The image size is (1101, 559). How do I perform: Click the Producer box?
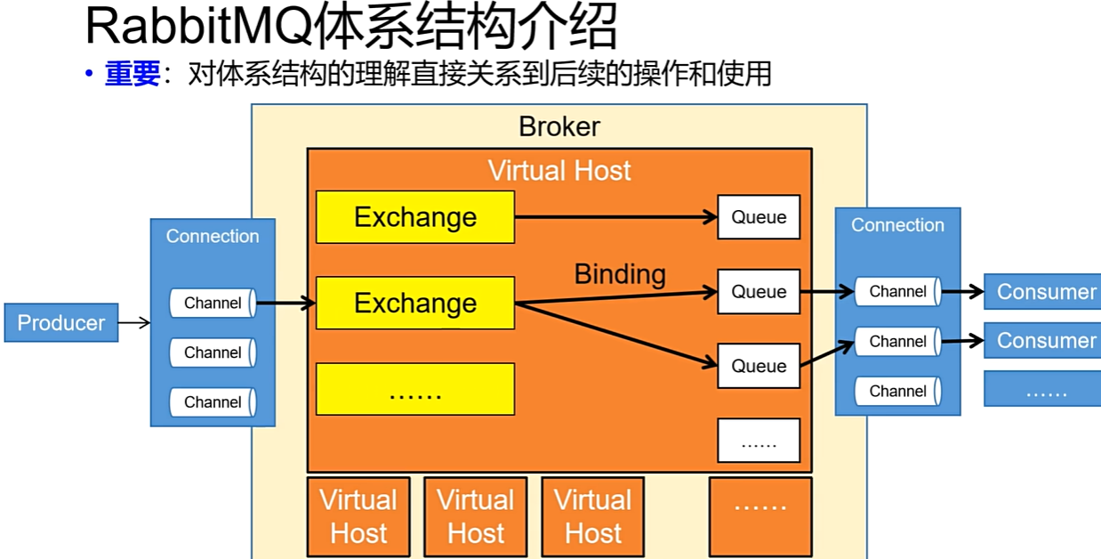60,322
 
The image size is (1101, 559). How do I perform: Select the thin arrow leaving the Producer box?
134,322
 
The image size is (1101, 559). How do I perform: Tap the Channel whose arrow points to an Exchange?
213,303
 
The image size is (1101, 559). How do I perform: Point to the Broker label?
559,126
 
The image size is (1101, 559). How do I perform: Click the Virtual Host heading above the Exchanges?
559,170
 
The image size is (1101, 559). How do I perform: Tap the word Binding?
620,274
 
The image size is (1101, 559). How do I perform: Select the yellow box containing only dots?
415,389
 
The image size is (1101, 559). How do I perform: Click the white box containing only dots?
759,440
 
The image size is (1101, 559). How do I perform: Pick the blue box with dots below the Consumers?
1041,389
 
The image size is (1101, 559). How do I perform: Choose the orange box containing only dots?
760,516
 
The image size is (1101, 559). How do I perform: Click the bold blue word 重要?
133,74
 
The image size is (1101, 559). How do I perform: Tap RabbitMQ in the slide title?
197,28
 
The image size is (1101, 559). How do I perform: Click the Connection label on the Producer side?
213,236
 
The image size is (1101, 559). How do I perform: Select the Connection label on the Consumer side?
897,225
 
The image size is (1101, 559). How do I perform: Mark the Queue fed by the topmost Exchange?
759,217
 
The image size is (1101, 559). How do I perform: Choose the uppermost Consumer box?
1041,291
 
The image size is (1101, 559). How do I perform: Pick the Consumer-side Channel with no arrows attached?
897,391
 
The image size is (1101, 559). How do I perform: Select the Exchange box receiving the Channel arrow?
415,303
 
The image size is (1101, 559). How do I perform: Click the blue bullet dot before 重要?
89,74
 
